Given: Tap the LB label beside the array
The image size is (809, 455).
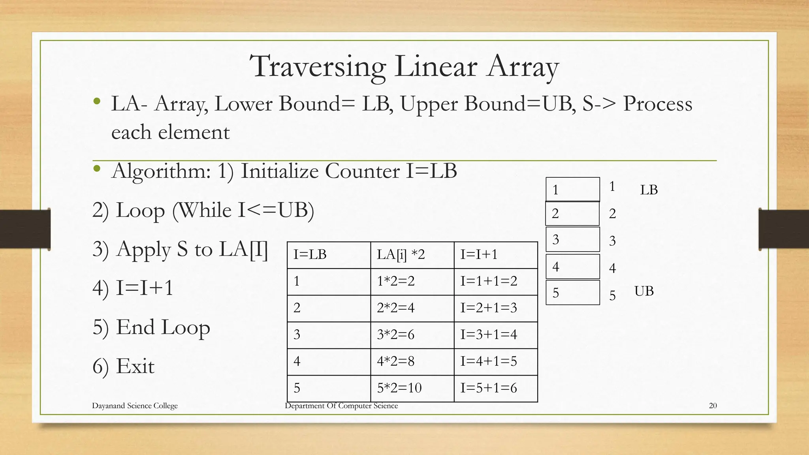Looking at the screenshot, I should pyautogui.click(x=649, y=190).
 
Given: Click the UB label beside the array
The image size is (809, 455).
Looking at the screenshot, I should pyautogui.click(x=644, y=291).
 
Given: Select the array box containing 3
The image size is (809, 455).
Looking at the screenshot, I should pyautogui.click(x=572, y=239).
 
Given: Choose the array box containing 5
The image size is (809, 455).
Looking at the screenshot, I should pyautogui.click(x=572, y=293).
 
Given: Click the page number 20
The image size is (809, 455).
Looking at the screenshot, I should pyautogui.click(x=713, y=406).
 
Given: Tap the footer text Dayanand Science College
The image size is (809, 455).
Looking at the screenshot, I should pyautogui.click(x=135, y=406).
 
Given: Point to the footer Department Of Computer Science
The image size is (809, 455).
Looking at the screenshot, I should pyautogui.click(x=341, y=406).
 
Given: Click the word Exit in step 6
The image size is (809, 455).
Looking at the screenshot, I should pyautogui.click(x=135, y=366).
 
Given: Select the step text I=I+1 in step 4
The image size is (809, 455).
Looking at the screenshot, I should pyautogui.click(x=145, y=288).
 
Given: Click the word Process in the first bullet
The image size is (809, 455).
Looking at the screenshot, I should pyautogui.click(x=657, y=104).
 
